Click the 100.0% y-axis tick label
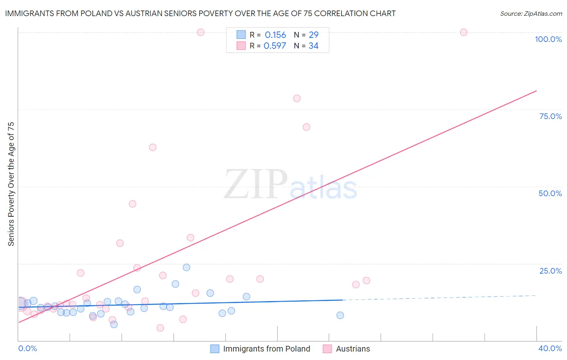click(x=548, y=39)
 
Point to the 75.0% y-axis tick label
click(x=550, y=116)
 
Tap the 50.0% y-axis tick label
click(x=550, y=193)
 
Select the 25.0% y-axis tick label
click(x=550, y=271)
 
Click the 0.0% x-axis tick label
click(x=27, y=348)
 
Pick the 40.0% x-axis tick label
click(x=550, y=348)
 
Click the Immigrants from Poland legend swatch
click(x=215, y=349)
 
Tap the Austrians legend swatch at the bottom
click(x=327, y=349)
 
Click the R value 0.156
click(x=275, y=35)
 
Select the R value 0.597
click(x=275, y=46)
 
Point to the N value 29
click(x=313, y=35)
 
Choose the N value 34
click(x=313, y=46)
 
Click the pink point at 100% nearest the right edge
click(x=464, y=32)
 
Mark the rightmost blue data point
click(x=340, y=315)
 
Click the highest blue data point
click(x=186, y=267)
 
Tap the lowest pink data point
click(x=160, y=328)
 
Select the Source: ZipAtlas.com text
click(x=531, y=13)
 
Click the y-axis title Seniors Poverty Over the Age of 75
click(x=11, y=184)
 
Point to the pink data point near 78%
click(x=297, y=98)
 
